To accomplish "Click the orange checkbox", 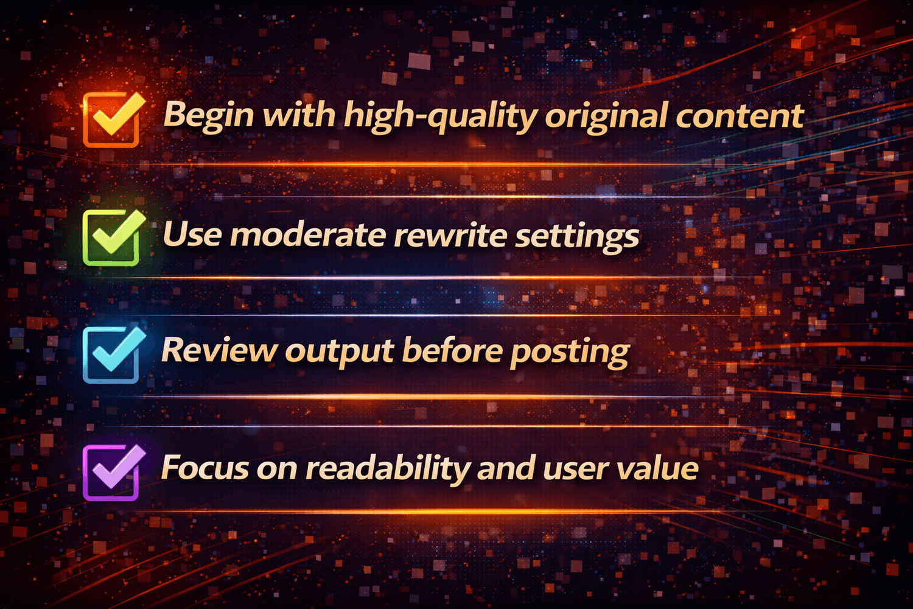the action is (111, 119).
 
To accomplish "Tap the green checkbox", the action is (111, 238).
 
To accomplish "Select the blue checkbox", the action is (111, 355).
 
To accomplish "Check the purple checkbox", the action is (111, 473).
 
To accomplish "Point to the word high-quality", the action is (439, 116).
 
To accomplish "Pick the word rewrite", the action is (449, 234).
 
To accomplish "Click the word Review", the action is (219, 350).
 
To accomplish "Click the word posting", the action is (569, 353).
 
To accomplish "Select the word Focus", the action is (205, 468).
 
